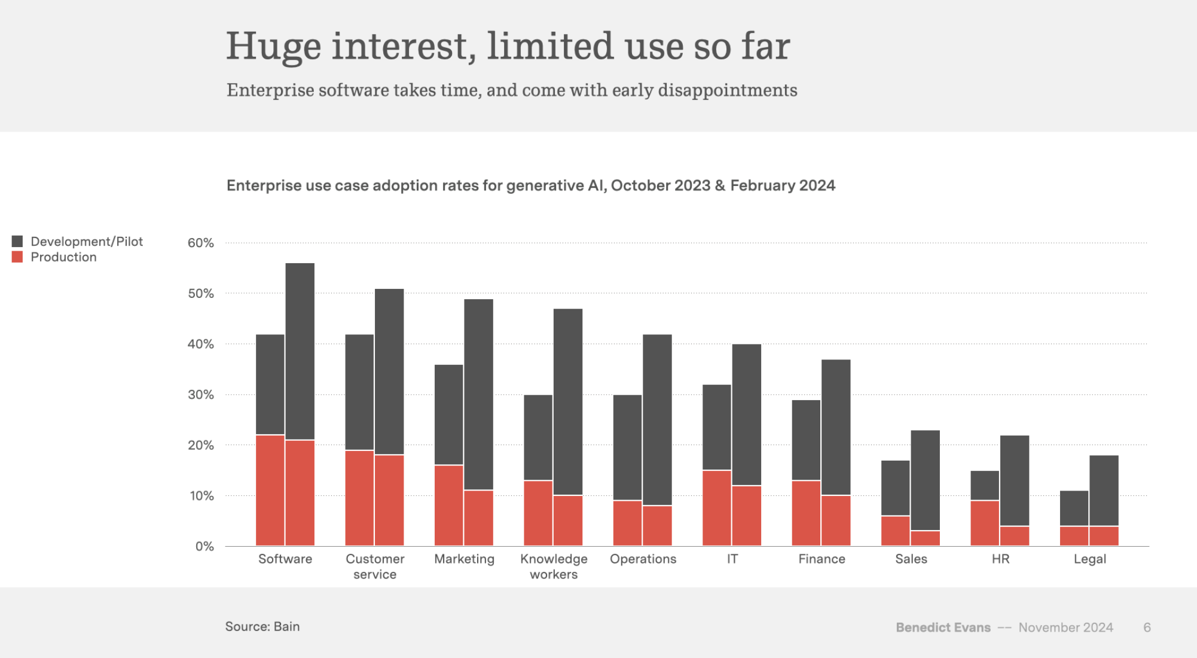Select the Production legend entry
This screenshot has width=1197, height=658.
pos(63,257)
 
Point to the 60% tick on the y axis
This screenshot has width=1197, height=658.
pos(201,243)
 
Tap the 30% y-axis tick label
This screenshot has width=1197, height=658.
pos(201,395)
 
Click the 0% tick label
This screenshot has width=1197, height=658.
pos(204,546)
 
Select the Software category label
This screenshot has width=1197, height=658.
pos(285,559)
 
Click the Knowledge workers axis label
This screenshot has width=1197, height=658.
pos(554,566)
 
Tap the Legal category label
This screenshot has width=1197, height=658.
pos(1089,559)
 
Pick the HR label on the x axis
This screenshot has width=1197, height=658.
pos(1000,559)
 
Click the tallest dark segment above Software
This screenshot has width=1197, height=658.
pos(300,351)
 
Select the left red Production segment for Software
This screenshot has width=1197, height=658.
pos(270,491)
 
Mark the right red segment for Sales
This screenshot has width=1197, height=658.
pos(925,538)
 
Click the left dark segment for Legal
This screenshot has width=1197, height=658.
pos(1074,508)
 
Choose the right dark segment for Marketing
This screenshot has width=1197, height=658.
pos(478,395)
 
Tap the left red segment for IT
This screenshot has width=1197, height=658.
pos(716,508)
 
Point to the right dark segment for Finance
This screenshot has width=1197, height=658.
pos(836,427)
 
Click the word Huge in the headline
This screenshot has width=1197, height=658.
pos(273,47)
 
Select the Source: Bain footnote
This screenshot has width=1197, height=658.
pos(262,626)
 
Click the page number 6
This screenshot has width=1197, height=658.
pos(1147,627)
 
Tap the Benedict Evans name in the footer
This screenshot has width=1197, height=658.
pos(943,627)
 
